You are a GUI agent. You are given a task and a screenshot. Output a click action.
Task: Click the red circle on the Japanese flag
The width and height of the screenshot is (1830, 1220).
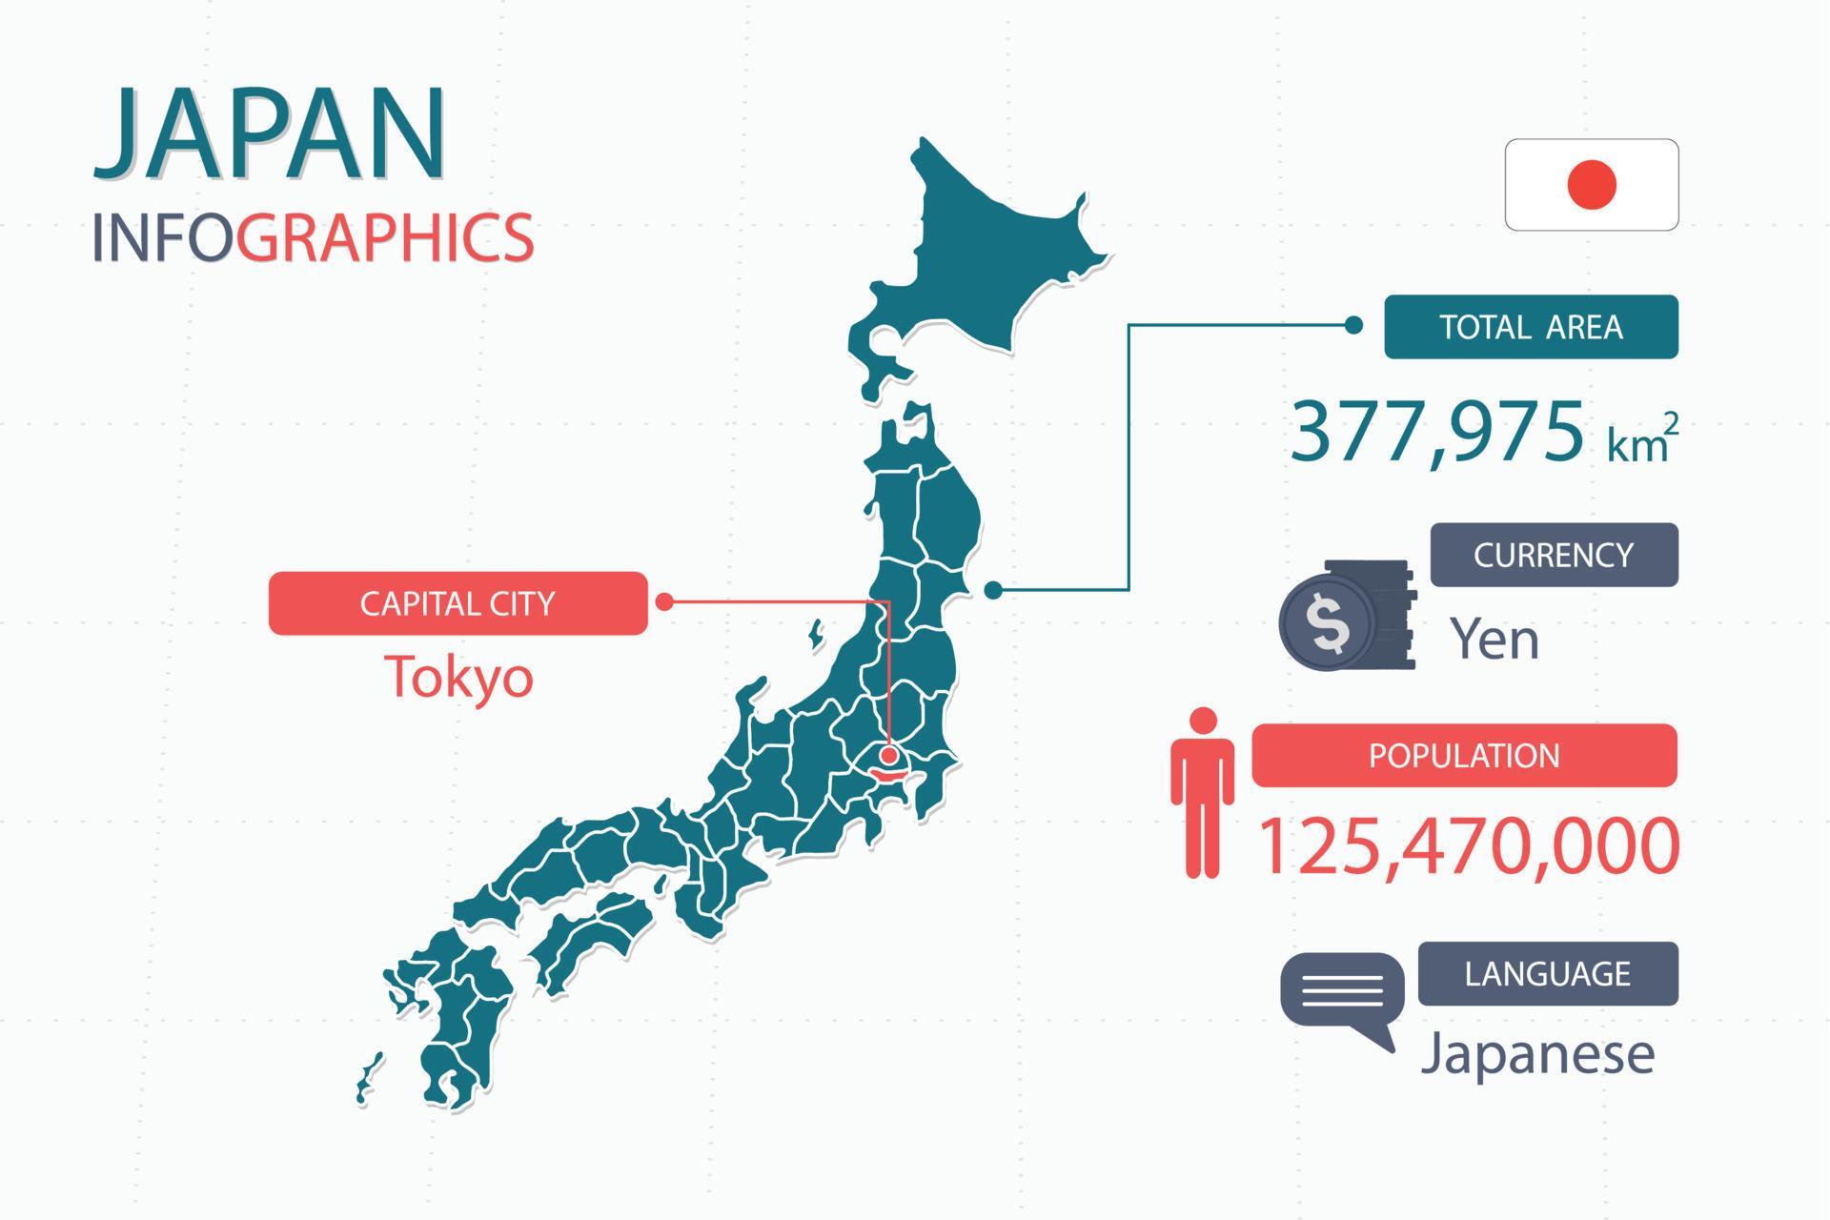pos(1591,185)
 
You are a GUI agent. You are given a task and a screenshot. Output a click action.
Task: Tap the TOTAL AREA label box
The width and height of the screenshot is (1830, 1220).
pos(1531,327)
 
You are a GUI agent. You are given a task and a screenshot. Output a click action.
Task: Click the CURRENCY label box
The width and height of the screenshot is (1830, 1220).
pos(1554,555)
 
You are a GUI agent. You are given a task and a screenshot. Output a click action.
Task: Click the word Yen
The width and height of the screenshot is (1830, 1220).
pos(1494,639)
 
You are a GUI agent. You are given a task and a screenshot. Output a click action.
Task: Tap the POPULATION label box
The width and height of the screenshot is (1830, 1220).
pos(1464,756)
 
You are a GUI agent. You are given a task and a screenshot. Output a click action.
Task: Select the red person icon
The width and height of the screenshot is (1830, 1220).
pos(1203,792)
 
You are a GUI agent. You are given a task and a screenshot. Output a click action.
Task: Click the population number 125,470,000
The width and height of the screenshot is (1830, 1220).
pos(1468,845)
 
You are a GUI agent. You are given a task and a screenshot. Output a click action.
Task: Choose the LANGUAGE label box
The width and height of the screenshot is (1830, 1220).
pos(1548,974)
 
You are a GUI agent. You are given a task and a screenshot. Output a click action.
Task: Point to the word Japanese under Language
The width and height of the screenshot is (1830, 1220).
pos(1537,1054)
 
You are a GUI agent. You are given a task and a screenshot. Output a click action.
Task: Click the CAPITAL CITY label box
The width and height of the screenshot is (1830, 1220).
pos(457,603)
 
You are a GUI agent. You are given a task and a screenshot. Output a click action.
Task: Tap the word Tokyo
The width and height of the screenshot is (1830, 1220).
pos(458,677)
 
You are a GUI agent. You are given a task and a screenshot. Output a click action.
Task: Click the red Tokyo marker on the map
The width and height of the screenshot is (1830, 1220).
pos(889,756)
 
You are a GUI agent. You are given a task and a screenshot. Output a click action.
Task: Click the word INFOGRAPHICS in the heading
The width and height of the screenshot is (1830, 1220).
pos(313,237)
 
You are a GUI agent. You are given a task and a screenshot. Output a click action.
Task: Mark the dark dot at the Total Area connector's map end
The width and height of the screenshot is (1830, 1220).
pos(993,590)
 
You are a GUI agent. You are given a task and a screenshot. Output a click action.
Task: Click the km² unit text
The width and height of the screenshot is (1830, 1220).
pos(1641,441)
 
